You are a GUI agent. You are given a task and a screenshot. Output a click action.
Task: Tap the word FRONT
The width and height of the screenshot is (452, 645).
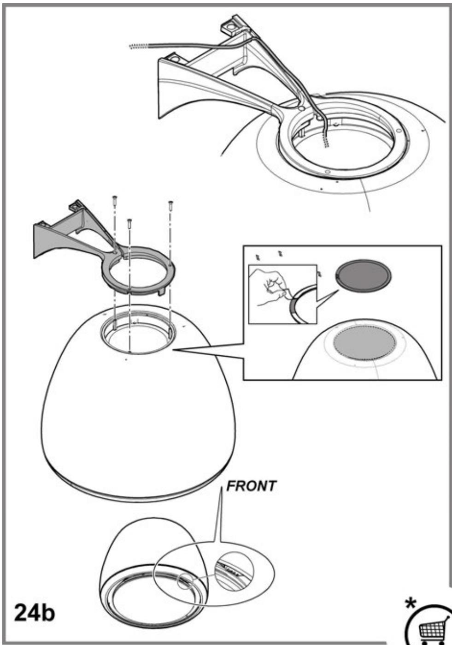251,486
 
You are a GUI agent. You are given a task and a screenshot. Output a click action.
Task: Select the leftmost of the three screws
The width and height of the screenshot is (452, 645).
114,201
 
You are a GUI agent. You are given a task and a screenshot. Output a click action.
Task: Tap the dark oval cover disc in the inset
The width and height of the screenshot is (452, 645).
364,276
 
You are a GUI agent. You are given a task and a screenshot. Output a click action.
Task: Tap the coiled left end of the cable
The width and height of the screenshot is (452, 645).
139,46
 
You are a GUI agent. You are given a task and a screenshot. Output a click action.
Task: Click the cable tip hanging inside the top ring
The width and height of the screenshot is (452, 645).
326,142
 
